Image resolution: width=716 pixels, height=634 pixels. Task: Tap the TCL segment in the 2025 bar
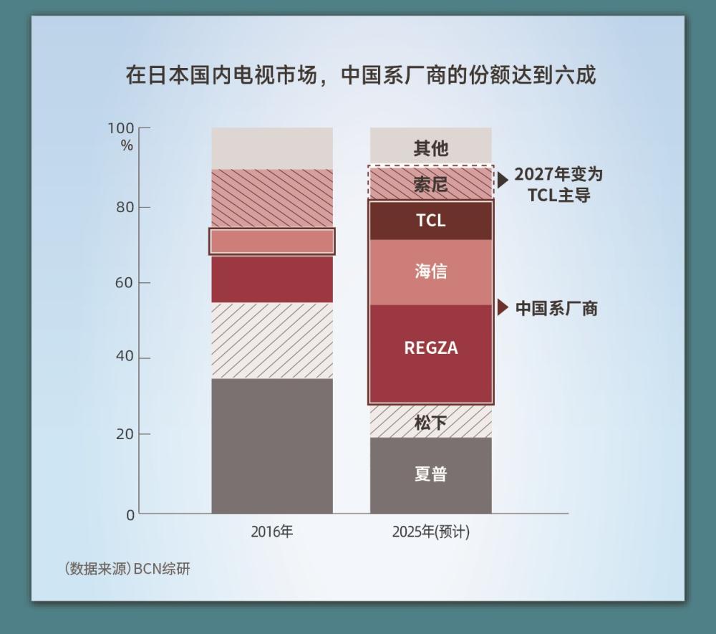(x=430, y=221)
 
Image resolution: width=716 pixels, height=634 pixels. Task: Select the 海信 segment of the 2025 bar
(x=430, y=272)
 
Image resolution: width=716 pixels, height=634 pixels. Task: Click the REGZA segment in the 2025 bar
(x=430, y=349)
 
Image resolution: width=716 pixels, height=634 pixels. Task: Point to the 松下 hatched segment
(x=430, y=423)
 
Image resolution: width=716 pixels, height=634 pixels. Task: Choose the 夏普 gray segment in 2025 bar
(x=430, y=474)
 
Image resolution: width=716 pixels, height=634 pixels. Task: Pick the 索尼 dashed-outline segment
(x=430, y=184)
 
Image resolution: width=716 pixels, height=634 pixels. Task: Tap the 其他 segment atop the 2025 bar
(x=430, y=148)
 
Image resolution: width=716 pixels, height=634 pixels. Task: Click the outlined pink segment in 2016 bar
(x=272, y=241)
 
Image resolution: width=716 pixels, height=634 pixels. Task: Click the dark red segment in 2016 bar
(x=272, y=279)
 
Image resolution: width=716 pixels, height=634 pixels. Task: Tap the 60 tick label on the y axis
(x=125, y=282)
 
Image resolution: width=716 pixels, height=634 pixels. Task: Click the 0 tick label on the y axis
(x=130, y=514)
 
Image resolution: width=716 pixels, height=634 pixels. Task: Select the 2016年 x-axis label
(x=272, y=532)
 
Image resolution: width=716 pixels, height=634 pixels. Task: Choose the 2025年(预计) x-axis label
(x=430, y=532)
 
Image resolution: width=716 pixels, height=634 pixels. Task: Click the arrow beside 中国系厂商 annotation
(x=503, y=308)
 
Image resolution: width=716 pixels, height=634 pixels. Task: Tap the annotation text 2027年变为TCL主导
(x=558, y=184)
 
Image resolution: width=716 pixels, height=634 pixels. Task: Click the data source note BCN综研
(x=127, y=570)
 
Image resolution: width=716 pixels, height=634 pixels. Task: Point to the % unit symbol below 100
(x=127, y=145)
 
